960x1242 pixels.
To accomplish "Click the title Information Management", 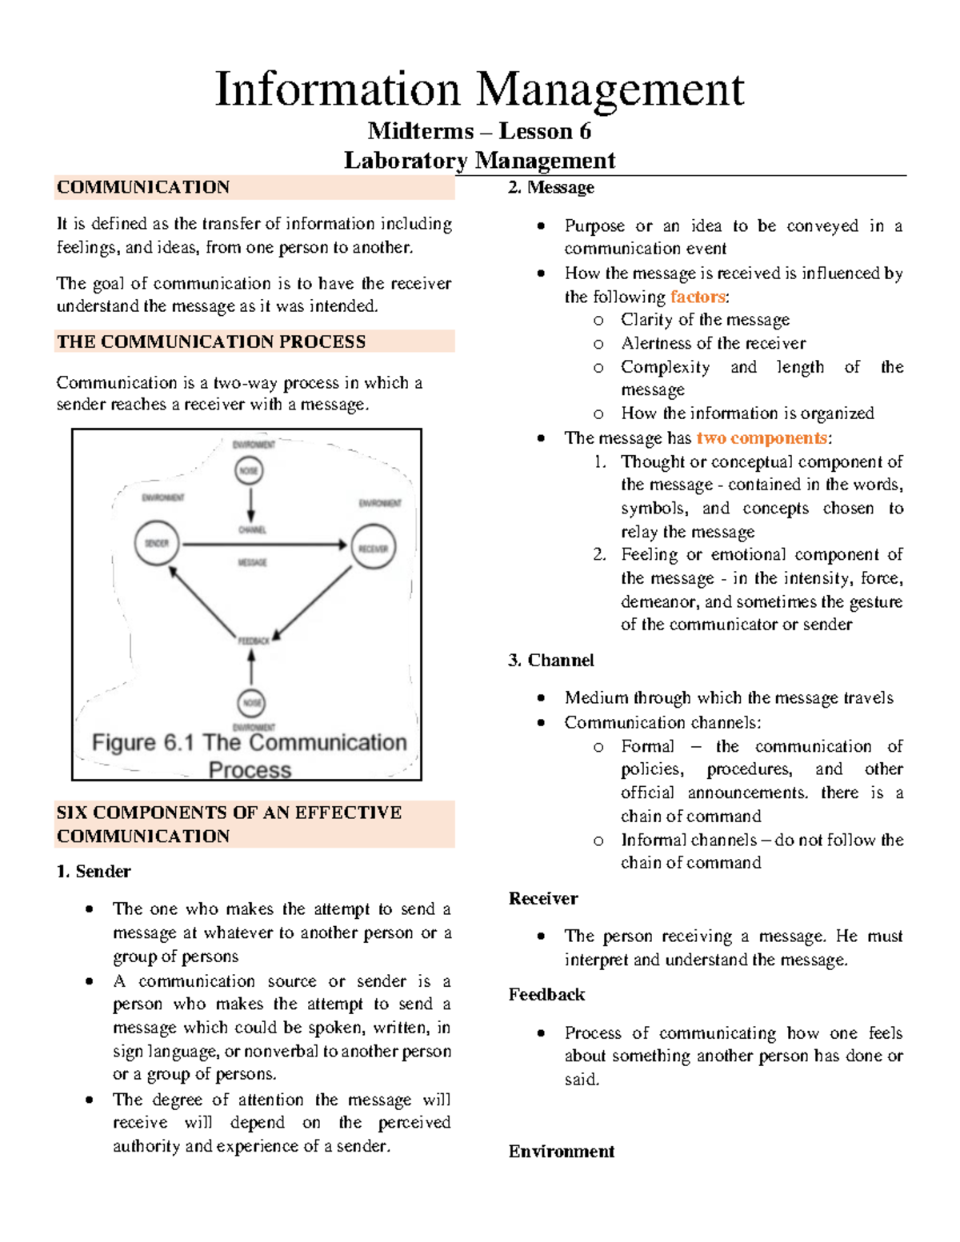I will coord(479,89).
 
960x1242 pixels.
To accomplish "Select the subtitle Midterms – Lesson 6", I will coord(479,131).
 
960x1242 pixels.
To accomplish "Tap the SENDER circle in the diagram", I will coord(157,543).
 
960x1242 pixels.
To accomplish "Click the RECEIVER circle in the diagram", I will coord(373,547).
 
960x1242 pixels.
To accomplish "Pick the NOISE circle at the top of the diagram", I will coord(250,470).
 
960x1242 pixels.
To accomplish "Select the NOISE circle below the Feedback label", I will coord(252,703).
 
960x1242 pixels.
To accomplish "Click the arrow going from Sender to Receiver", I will coord(264,545).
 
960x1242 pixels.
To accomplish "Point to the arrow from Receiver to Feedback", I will coord(314,603).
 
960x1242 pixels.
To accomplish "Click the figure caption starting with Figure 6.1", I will coord(250,756).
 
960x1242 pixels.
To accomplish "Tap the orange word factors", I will coord(698,297).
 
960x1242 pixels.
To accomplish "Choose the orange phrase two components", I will coord(762,438).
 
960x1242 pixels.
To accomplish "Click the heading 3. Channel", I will coord(551,660).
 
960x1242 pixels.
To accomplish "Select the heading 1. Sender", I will coord(94,871).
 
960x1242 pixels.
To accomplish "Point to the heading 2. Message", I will coord(551,187).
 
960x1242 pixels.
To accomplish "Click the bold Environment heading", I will coord(562,1151).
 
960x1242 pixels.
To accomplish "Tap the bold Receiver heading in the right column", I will coord(543,898).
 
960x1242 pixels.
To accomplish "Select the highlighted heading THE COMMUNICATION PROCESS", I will coord(211,341).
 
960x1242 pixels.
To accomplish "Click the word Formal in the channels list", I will coord(647,746).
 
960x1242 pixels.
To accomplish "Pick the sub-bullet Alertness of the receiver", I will coord(713,343).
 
